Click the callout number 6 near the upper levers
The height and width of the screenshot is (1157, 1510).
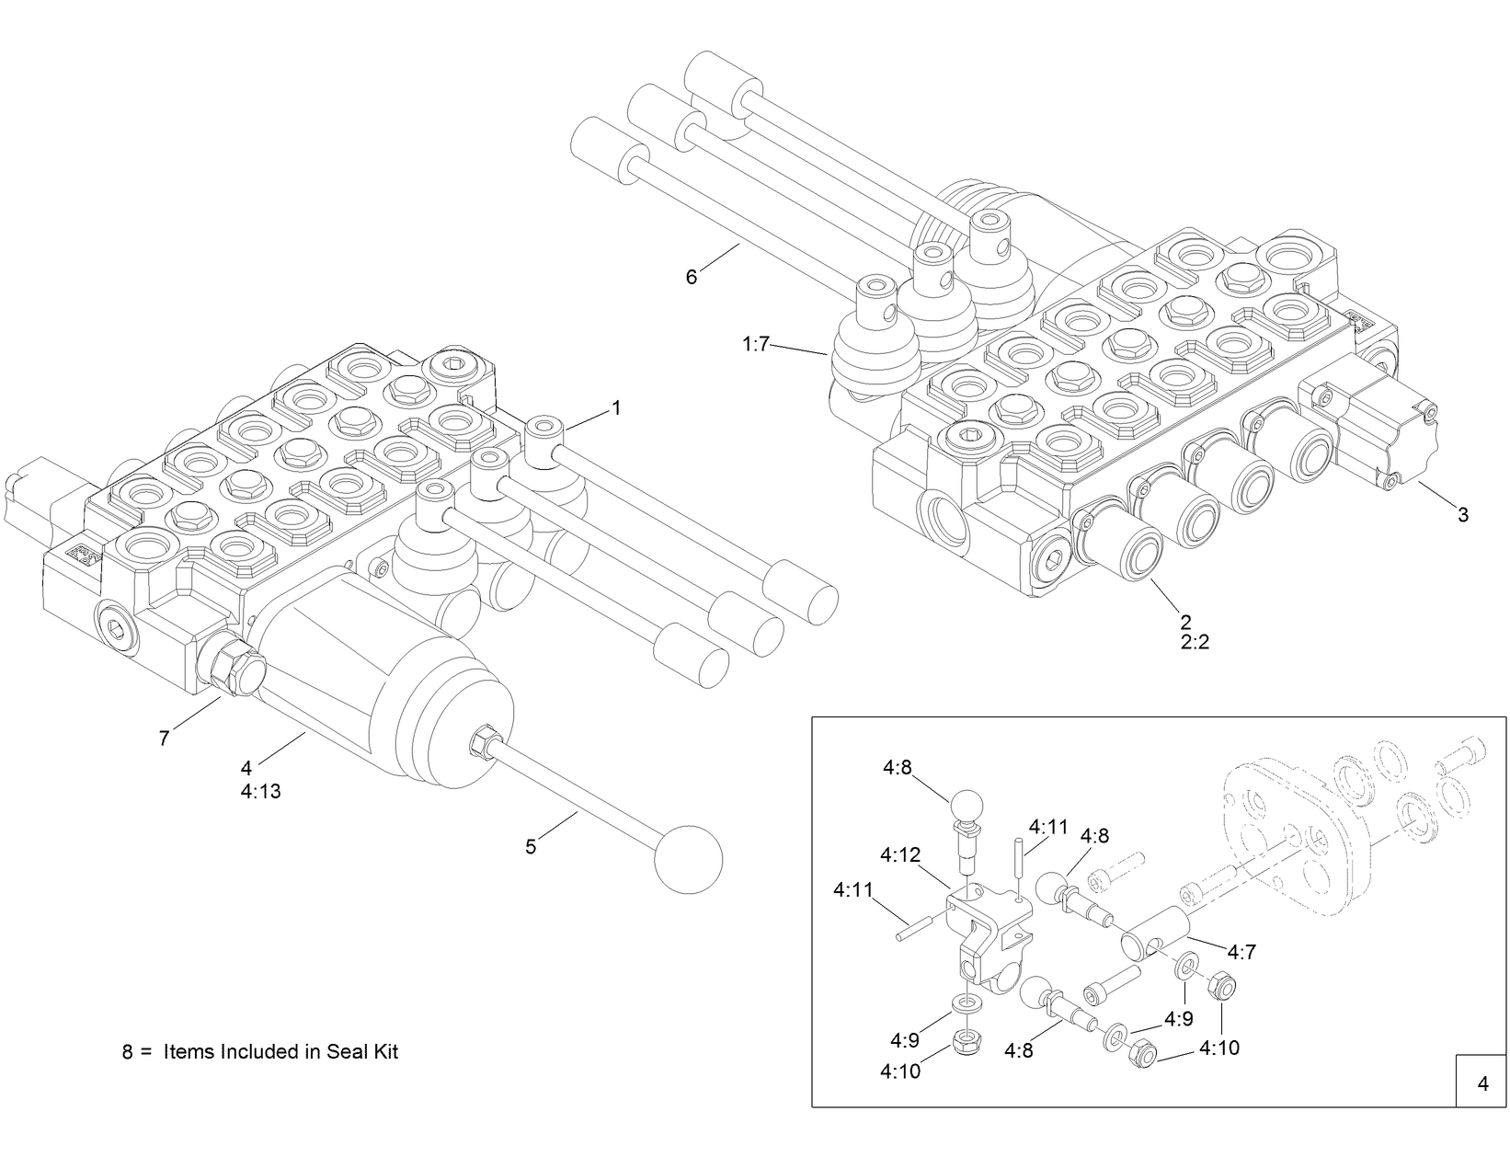692,276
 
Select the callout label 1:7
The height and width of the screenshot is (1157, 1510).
755,345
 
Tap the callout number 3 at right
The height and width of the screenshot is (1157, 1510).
1463,515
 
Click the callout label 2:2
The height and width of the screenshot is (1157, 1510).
1195,642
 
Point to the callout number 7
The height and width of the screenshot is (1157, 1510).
165,739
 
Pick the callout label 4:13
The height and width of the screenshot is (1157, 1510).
260,791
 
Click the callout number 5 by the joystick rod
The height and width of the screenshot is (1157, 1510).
531,847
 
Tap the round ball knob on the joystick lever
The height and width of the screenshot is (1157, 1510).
687,859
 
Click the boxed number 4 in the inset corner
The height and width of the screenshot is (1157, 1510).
1482,1083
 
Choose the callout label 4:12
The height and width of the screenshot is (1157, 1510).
899,855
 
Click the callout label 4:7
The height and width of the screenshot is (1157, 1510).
1241,953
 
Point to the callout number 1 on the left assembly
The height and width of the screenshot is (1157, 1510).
616,407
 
